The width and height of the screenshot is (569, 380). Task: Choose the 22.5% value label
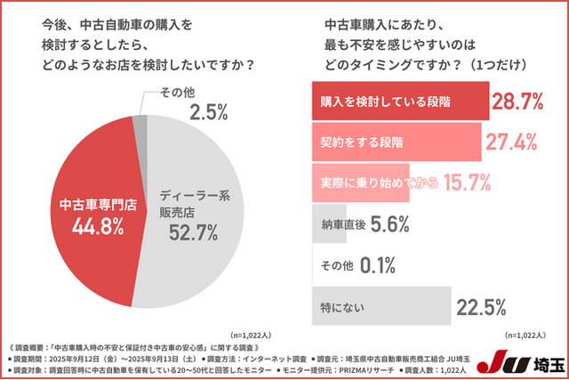pos(481,307)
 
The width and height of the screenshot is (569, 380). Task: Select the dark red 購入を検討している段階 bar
pos(400,101)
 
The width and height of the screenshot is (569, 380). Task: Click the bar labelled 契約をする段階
pos(396,142)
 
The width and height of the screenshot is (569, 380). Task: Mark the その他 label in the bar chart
pos(334,265)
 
